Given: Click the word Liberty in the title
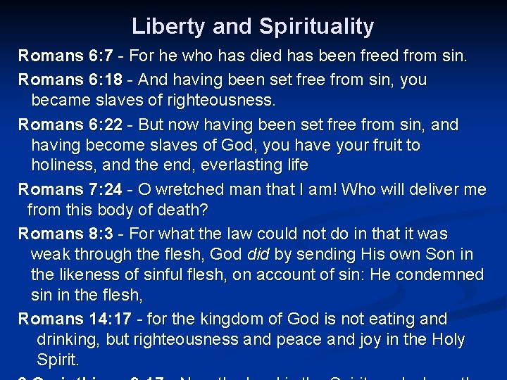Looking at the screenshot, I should coord(165,27).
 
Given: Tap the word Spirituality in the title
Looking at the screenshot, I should coord(316,27).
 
